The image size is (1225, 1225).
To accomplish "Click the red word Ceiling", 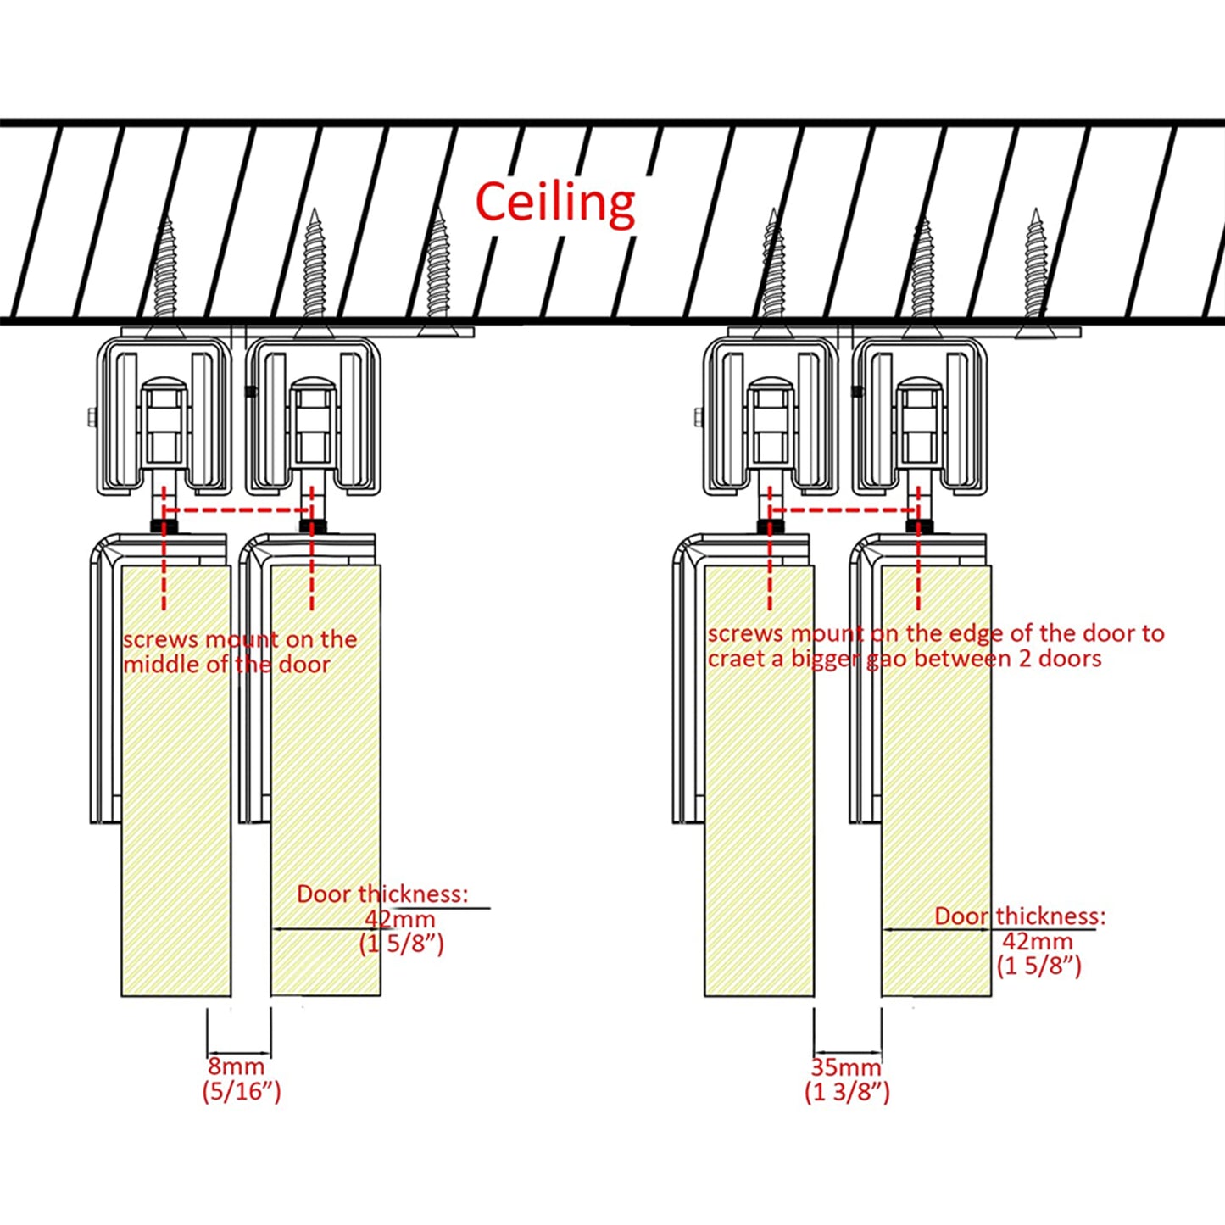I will (x=555, y=203).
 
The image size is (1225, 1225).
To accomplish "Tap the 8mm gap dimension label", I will (x=237, y=1066).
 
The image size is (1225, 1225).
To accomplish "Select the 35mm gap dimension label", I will (x=846, y=1066).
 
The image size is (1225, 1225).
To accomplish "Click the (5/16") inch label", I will (x=241, y=1090).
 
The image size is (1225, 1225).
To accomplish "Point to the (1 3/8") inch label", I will (x=847, y=1092).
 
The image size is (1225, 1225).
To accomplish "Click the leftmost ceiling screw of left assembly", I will (x=164, y=271).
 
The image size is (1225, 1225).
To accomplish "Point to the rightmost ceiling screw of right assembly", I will (x=1034, y=271).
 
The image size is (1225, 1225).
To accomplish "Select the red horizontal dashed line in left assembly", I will (x=237, y=510).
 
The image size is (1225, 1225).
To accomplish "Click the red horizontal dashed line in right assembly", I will (x=844, y=510).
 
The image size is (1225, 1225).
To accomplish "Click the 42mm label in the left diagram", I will (x=400, y=919).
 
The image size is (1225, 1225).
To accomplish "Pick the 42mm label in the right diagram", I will (x=1037, y=941).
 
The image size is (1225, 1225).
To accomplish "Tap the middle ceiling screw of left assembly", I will (x=315, y=271).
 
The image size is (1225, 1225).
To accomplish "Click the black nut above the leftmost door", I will (x=164, y=526).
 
